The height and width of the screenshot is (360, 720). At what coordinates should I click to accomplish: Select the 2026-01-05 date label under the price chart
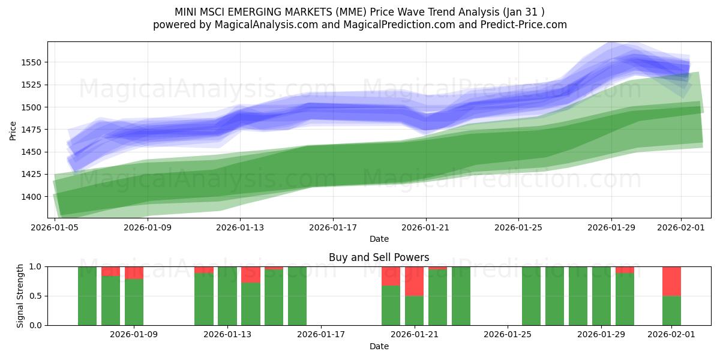55,228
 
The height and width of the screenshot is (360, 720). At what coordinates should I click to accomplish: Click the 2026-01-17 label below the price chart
333,228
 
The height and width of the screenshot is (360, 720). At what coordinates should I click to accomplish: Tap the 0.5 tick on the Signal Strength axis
36,296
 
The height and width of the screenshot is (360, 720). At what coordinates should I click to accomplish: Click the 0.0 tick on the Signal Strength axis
36,325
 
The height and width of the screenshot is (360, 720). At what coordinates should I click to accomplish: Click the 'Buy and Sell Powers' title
379,257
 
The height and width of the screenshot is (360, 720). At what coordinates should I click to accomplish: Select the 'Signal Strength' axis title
20,296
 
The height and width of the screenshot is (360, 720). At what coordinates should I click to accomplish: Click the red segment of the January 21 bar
414,281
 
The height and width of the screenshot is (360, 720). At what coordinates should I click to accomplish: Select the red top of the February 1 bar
671,281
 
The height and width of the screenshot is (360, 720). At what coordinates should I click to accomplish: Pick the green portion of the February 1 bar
671,310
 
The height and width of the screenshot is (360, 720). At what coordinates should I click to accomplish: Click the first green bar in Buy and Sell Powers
87,296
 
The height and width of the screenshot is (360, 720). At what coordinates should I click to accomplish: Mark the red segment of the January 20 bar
391,275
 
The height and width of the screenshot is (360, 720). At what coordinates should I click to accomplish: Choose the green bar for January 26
531,296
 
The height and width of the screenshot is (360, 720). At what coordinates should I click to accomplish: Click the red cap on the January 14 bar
251,274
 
